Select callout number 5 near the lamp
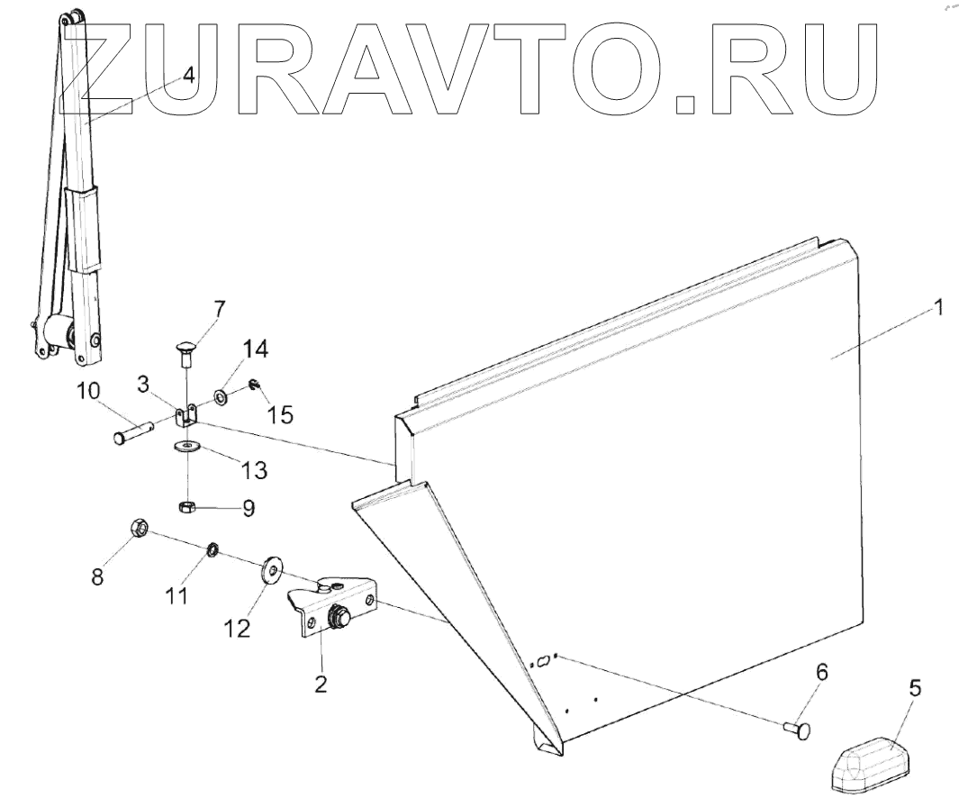[914, 690]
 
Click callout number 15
[282, 415]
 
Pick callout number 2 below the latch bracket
[320, 684]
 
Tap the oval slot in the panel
[543, 662]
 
